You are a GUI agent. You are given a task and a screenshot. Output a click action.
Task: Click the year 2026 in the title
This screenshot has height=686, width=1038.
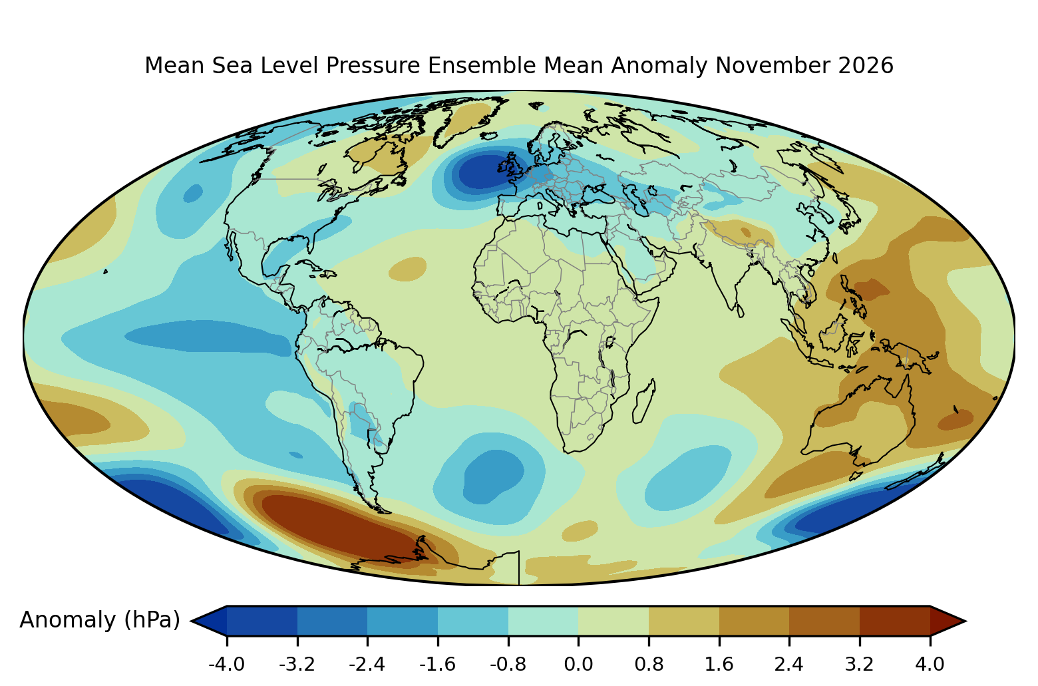point(866,65)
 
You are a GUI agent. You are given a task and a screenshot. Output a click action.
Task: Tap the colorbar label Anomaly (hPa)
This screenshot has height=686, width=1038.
point(100,620)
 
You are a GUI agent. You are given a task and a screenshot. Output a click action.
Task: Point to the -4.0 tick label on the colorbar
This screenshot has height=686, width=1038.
point(226,665)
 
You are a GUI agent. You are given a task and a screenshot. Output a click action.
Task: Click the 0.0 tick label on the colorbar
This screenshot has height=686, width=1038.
point(578,665)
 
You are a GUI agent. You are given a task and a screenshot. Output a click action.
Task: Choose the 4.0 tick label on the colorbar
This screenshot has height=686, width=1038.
point(930,665)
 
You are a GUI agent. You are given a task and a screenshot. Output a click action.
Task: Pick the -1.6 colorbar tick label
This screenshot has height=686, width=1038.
point(437,665)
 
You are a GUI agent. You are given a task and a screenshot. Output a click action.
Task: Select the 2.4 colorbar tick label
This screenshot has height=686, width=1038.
point(789,665)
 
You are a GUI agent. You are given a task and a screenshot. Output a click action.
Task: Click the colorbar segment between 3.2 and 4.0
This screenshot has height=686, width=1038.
point(895,621)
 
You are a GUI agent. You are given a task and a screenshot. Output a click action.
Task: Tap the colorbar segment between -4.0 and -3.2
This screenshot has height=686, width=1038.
point(261,621)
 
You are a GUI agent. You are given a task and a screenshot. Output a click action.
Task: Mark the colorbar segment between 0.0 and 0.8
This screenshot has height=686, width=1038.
point(613,621)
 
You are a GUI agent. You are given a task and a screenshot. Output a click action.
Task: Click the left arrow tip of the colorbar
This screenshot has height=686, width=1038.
point(192,621)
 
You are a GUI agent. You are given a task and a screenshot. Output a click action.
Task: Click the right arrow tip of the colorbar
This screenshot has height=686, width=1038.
point(965,621)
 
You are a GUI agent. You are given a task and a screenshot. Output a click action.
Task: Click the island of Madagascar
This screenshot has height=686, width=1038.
point(644,401)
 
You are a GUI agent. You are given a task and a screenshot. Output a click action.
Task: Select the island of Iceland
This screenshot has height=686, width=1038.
point(489,135)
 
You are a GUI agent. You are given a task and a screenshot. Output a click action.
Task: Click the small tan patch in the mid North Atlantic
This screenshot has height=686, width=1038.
point(407,269)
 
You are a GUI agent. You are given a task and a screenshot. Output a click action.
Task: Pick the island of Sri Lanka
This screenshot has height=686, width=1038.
point(740,310)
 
